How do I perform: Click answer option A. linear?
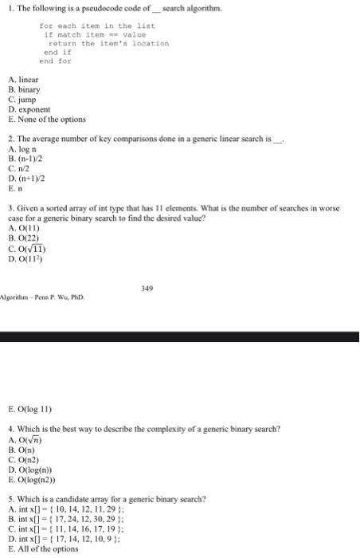click(23, 81)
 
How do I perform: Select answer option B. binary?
click(23, 90)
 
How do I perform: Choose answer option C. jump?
click(22, 100)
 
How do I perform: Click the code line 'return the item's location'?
click(108, 43)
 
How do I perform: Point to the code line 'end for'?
click(55, 61)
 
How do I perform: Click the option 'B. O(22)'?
click(24, 226)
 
